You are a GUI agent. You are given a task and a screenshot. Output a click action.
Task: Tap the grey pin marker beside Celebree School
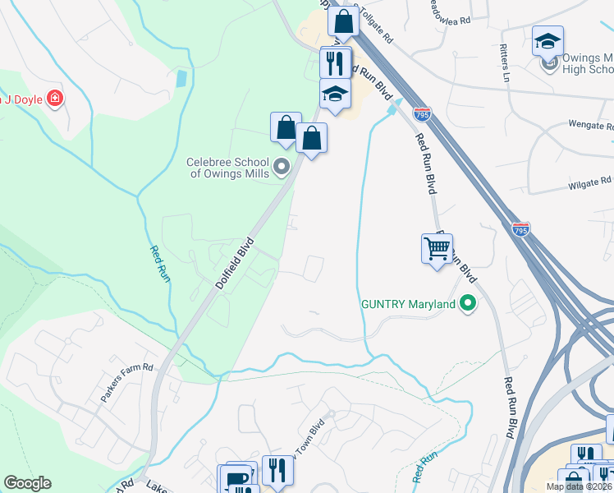283,168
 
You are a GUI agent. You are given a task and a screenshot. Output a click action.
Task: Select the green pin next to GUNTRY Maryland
468,304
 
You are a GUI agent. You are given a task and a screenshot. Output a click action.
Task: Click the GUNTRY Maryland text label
408,304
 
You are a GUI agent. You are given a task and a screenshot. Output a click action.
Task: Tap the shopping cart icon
437,247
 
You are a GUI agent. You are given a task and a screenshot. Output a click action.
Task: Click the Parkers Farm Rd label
127,382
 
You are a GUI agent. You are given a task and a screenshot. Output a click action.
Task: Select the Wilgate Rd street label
590,182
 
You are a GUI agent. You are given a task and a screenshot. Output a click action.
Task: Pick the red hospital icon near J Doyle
55,99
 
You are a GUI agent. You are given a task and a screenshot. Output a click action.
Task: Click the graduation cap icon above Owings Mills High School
548,41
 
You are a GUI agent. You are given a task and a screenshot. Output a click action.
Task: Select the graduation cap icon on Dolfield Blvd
335,93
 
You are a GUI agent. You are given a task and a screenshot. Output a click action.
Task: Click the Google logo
27,483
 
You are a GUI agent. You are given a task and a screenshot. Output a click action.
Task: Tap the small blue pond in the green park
181,79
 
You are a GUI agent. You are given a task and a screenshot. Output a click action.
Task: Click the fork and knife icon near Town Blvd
277,470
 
